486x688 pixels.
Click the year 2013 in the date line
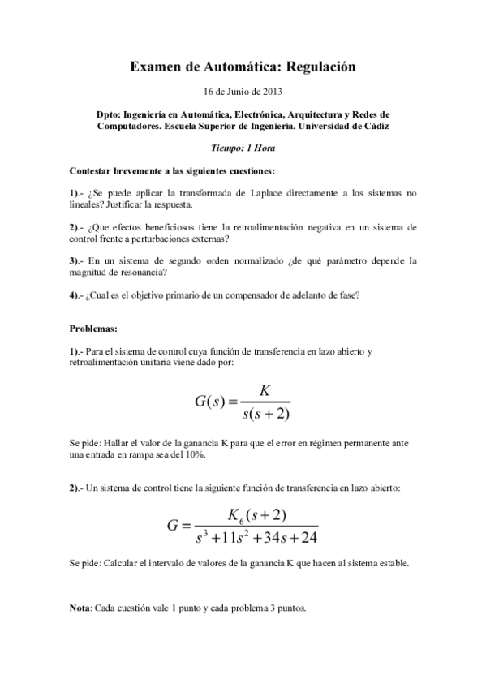[272, 91]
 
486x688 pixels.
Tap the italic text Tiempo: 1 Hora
[243, 148]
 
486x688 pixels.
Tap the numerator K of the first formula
[265, 390]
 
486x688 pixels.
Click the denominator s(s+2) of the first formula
[265, 414]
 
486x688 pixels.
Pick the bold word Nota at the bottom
[80, 608]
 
